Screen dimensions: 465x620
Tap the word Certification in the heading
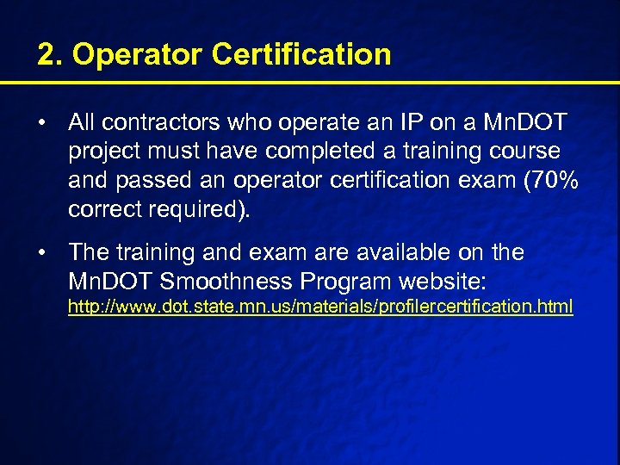[301, 55]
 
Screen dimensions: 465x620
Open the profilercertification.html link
[320, 307]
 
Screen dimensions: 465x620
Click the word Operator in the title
[137, 55]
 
